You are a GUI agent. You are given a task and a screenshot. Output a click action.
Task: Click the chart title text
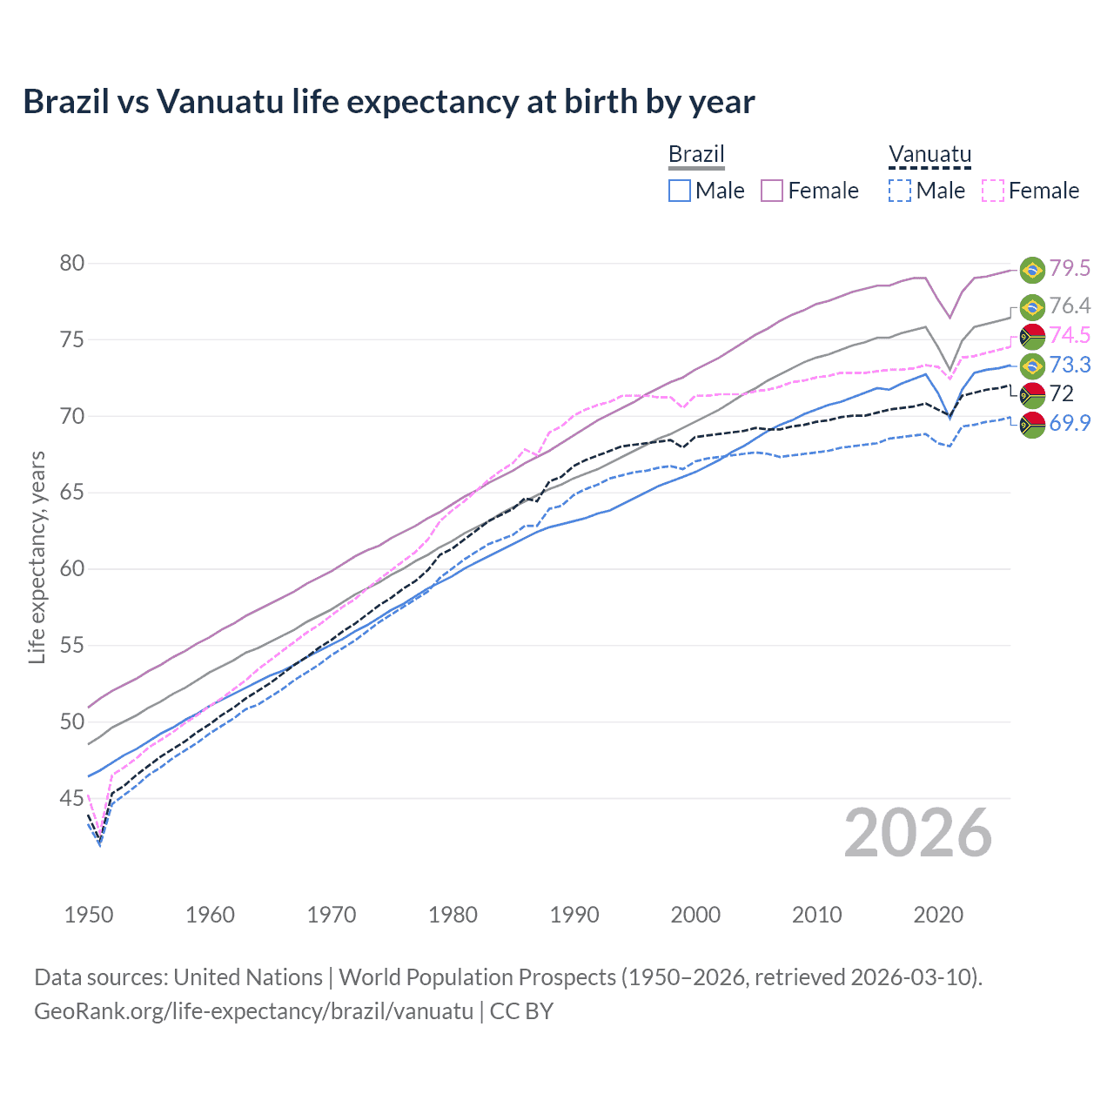coord(389,102)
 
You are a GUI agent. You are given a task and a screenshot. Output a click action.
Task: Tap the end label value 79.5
coord(1070,269)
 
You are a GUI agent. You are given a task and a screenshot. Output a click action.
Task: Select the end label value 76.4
coord(1070,305)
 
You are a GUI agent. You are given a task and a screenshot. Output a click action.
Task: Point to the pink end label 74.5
coord(1070,336)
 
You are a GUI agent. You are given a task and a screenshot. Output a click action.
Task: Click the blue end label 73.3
coord(1070,366)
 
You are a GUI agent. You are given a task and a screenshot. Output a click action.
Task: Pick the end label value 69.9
coord(1070,424)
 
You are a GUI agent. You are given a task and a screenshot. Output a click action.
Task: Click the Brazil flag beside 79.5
coord(1032,270)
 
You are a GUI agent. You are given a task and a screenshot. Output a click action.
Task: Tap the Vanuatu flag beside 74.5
coord(1032,337)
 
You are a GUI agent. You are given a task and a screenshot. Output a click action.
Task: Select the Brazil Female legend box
coord(772,191)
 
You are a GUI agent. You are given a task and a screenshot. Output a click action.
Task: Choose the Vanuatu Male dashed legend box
coord(900,191)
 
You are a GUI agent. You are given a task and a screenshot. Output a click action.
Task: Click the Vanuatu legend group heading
coord(929,155)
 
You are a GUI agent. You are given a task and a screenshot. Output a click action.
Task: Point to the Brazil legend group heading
coord(696,155)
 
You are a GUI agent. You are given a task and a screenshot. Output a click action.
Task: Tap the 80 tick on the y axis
coord(71,263)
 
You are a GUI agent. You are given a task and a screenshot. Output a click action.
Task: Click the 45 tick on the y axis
coord(71,798)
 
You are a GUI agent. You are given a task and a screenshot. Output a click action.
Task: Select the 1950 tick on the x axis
coord(89,915)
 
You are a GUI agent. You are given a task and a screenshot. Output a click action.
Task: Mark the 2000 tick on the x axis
coord(695,915)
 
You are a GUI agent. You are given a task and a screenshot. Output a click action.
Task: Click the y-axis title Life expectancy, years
coord(37,557)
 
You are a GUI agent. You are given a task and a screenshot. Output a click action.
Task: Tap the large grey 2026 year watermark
coord(918,834)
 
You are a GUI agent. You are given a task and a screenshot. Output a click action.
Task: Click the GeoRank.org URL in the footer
coord(253,1011)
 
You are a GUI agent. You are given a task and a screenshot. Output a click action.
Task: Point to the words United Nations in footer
coord(248,977)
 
